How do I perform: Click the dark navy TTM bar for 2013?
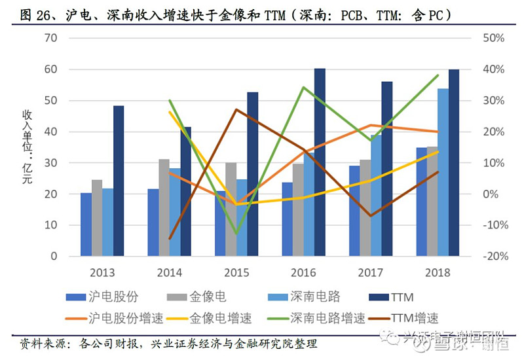pyautogui.click(x=119, y=181)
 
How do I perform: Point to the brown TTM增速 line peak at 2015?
pyautogui.click(x=236, y=109)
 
